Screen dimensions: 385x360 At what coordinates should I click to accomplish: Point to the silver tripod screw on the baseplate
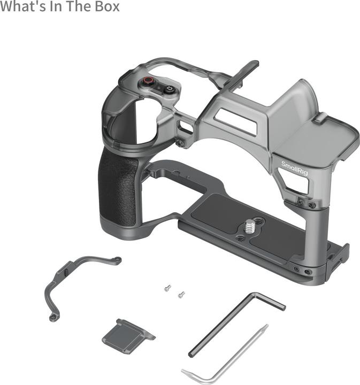[x=250, y=225]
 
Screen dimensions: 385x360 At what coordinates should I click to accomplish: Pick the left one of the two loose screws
[x=167, y=288]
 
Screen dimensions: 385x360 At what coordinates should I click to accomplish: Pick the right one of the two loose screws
[x=181, y=294]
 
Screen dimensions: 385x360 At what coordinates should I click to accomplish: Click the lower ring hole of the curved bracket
[x=52, y=318]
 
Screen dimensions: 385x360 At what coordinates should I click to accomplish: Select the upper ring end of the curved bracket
[x=116, y=260]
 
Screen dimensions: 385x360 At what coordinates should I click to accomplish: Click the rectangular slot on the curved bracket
[x=63, y=272]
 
